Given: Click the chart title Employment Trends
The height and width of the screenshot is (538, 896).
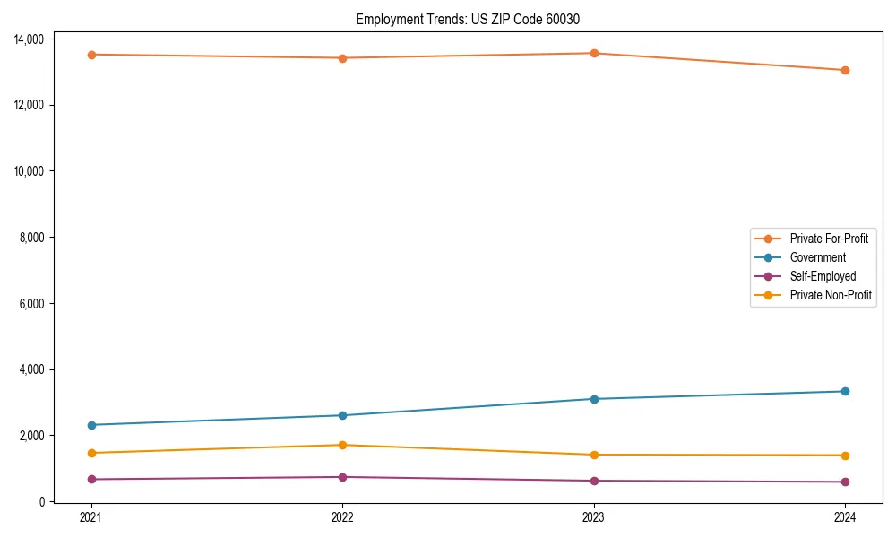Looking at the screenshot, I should tap(474, 19).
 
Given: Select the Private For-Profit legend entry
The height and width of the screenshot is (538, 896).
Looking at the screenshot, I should tap(829, 239).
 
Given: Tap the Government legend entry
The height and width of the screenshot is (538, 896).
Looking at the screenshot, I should tap(817, 257).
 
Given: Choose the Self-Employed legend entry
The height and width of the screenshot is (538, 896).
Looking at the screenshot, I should tap(823, 276).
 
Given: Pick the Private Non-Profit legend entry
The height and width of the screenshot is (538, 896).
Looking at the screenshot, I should tap(831, 295).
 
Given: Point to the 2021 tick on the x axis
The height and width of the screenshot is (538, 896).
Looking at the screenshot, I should tap(90, 516).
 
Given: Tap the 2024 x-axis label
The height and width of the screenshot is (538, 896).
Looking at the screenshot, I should tap(845, 516).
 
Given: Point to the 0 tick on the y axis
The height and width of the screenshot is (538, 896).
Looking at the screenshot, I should tap(41, 502).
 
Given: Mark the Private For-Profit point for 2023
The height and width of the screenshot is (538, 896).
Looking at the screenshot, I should tap(594, 53).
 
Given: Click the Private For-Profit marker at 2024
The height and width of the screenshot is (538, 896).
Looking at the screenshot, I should tap(845, 70).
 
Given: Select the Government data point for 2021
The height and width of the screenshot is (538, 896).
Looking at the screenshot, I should tap(91, 425).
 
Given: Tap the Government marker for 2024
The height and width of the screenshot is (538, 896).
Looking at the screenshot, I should tap(845, 391).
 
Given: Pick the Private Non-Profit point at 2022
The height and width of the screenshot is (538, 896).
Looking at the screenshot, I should tap(342, 445).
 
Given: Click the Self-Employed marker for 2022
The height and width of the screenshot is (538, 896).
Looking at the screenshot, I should tap(342, 477).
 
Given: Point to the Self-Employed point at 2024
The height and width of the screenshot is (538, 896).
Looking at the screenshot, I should tap(845, 482).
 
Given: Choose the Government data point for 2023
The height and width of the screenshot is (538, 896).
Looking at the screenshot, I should tap(594, 399).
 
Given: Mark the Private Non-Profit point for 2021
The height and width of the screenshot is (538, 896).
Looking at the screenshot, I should tap(91, 453).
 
